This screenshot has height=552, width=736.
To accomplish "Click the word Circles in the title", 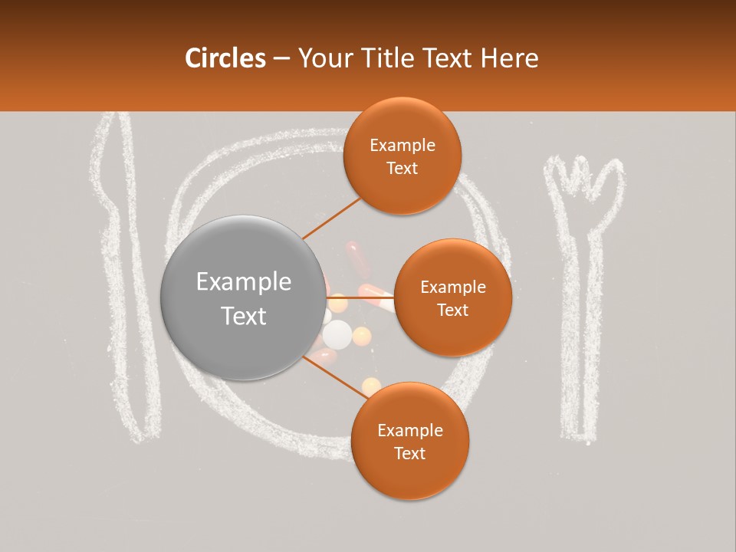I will tap(225, 58).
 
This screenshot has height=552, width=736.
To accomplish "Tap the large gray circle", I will tap(242, 297).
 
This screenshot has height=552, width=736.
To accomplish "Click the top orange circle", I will tap(402, 156).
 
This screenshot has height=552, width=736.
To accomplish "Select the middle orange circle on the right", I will tap(452, 297).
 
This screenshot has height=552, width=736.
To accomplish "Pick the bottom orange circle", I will tap(409, 441).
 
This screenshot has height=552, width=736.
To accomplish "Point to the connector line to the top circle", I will tap(332, 219).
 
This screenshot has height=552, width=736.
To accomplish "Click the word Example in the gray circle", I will tap(244, 281).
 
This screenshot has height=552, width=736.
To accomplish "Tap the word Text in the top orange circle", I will tap(402, 168).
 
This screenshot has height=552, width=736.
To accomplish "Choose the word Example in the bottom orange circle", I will tap(409, 430).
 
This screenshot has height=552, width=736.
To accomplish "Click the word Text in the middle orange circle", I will tap(452, 310).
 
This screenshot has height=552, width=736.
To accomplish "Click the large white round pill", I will tap(337, 334).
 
